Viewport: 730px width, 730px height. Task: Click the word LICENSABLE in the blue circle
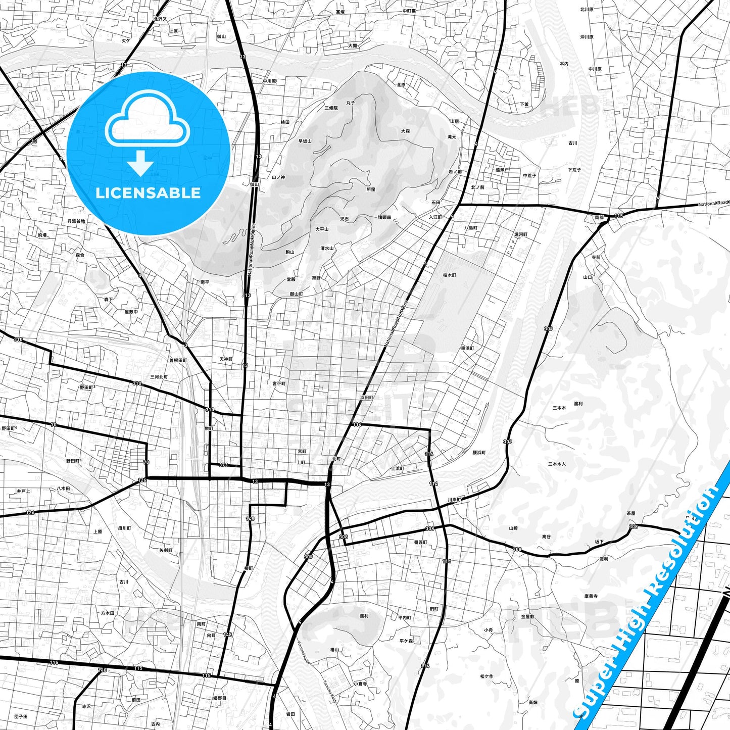click(148, 193)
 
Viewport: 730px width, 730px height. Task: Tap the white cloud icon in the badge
click(148, 121)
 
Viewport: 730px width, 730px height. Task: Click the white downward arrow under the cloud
click(140, 163)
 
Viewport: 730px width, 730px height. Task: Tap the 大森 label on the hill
click(405, 131)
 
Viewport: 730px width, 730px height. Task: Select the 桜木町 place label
click(449, 275)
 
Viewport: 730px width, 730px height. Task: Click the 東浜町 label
click(467, 349)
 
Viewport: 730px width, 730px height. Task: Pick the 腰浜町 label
click(479, 453)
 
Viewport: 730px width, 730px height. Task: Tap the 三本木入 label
click(557, 464)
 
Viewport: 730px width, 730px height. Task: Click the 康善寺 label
click(591, 596)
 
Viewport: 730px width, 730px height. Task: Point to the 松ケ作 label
click(486, 676)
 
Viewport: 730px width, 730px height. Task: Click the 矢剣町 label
click(166, 550)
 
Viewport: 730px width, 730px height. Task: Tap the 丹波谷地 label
click(76, 221)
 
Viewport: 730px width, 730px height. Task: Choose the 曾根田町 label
click(178, 360)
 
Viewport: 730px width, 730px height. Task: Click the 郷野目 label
click(220, 698)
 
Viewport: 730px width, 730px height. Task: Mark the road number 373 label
click(223, 465)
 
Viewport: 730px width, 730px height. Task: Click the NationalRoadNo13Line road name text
click(252, 250)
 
